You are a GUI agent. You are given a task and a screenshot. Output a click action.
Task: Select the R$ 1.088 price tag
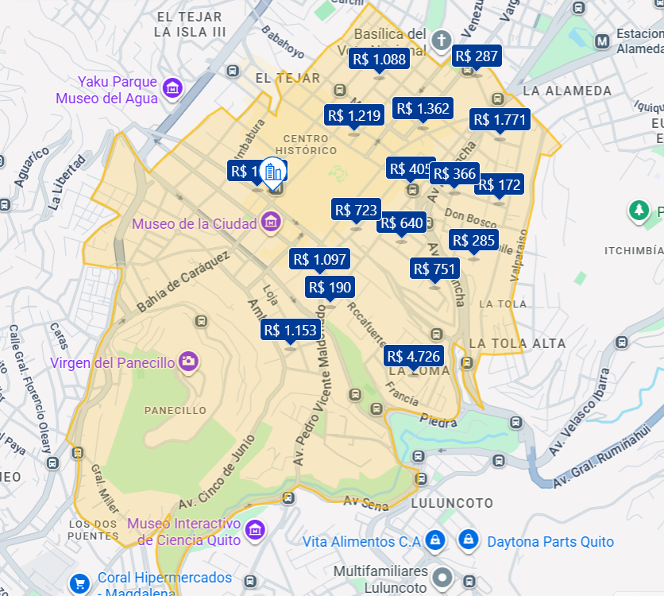click(379, 59)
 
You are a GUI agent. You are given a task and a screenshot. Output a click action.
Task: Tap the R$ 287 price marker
click(476, 56)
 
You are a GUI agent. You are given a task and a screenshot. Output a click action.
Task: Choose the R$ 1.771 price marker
click(500, 120)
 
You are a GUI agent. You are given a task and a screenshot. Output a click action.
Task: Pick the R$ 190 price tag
click(330, 287)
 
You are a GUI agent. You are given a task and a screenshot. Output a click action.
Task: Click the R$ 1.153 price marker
click(290, 330)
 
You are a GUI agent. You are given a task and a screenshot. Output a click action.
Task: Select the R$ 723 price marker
click(356, 210)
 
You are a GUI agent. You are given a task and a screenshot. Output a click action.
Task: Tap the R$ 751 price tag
click(434, 269)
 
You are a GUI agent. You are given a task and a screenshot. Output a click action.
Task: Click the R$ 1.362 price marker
click(423, 109)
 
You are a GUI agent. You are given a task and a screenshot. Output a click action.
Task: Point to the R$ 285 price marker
click(473, 240)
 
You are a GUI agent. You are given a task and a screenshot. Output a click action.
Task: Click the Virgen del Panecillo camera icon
click(188, 362)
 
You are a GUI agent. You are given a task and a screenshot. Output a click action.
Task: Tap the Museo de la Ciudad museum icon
click(271, 223)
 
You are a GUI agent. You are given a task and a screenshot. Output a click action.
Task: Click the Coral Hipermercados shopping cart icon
click(79, 583)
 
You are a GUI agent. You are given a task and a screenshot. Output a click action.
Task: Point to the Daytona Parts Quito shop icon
click(469, 541)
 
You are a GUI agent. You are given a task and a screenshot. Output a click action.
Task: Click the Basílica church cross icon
click(442, 39)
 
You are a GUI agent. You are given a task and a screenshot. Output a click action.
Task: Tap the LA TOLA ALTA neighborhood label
click(517, 343)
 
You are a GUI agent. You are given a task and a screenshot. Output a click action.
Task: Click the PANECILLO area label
click(176, 411)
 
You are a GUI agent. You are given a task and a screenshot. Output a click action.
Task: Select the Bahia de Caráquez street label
click(183, 282)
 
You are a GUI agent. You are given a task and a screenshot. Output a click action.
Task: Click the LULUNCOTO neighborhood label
click(452, 504)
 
